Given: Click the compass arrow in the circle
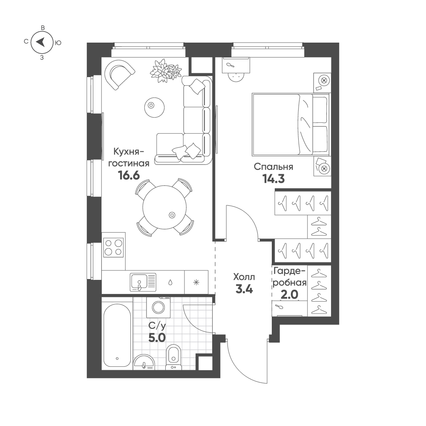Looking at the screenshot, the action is [41, 42].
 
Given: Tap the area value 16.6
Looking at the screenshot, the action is [129, 176].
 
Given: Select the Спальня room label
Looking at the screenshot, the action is [273, 167].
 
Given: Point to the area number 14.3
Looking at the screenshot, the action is [273, 179].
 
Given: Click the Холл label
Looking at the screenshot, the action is [244, 277].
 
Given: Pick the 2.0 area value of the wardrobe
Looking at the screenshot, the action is [289, 294].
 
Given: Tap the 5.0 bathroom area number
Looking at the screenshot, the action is [157, 338].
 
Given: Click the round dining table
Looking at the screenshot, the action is [164, 207].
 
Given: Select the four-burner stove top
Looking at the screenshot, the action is [114, 247].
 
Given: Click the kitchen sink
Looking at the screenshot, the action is [143, 282].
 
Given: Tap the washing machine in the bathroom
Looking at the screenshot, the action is [158, 307].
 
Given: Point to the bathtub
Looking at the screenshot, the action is [117, 336].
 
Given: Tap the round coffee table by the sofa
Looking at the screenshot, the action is [154, 108].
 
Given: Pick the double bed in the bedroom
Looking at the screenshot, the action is [291, 125].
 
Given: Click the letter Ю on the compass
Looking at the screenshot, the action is [58, 43].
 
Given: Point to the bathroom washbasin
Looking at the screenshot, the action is [144, 362].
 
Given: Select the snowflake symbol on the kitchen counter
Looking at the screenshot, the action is [196, 282].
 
